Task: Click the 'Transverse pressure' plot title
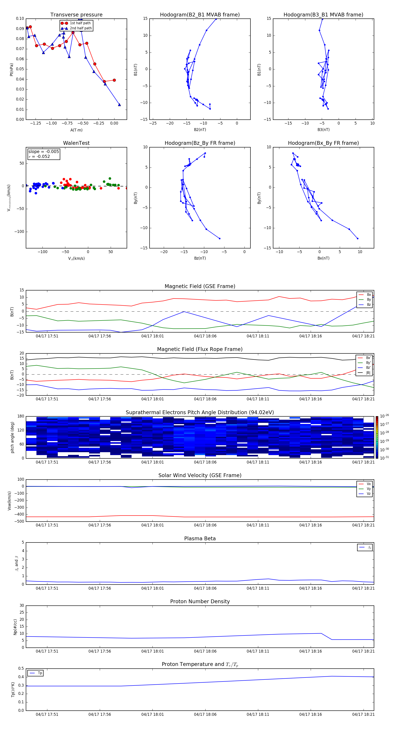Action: tap(76, 15)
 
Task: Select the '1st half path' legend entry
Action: tap(80, 23)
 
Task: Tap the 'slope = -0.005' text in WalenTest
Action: tap(44, 152)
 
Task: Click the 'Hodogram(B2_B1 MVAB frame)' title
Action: tap(200, 15)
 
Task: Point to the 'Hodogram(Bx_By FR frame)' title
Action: tap(323, 143)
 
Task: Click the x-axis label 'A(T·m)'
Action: tap(76, 130)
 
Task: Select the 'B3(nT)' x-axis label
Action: tap(323, 130)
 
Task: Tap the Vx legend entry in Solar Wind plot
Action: tap(368, 484)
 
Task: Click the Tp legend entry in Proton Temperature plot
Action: tap(40, 673)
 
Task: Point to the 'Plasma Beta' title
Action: tap(200, 538)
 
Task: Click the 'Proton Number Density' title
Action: tap(200, 601)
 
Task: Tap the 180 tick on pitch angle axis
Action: tap(21, 416)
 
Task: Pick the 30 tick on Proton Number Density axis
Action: tap(22, 605)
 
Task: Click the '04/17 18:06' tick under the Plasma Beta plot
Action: tap(205, 588)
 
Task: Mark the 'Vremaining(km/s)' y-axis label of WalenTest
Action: tap(9, 198)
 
